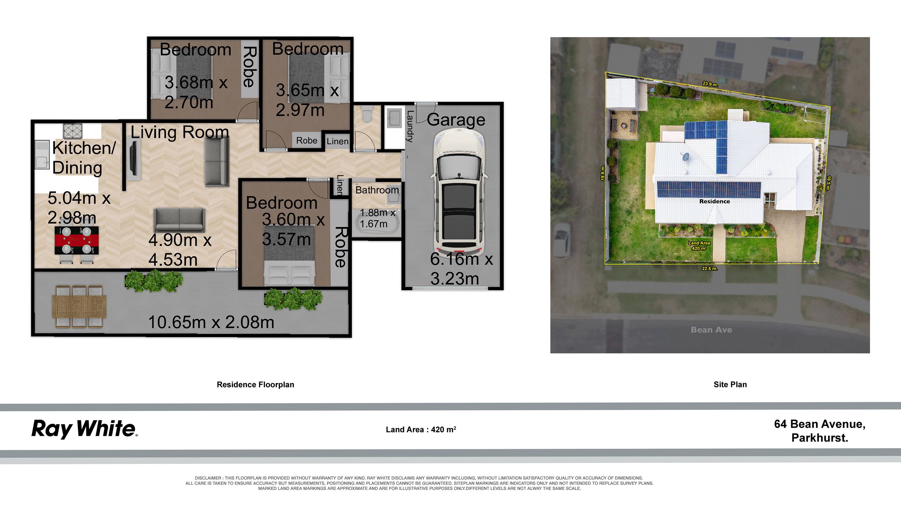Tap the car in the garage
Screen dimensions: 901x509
459,192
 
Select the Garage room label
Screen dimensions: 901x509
456,120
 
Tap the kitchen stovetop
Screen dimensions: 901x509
72,131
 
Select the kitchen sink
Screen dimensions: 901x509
42,155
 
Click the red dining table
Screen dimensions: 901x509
77,240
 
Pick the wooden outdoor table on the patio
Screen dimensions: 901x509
79,306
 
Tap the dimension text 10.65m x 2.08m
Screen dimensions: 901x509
211,322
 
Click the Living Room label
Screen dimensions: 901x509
180,133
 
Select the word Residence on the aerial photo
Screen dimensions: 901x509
715,201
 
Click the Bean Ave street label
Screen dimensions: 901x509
711,330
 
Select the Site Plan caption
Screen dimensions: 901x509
730,385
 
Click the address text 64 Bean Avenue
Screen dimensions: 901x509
820,424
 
